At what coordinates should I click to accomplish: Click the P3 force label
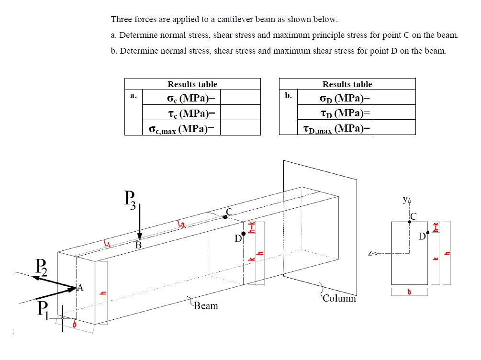130,199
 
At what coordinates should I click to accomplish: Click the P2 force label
41,266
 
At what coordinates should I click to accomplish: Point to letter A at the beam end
80,288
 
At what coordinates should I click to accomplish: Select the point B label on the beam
138,246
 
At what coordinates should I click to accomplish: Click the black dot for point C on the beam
225,217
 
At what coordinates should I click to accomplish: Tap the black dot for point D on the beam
244,234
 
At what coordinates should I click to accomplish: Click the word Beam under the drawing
206,305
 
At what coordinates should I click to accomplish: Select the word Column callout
339,299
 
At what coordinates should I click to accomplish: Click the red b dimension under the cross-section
409,292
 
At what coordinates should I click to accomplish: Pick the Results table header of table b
347,84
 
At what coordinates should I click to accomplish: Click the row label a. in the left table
134,96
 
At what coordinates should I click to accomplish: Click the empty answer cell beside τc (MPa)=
240,113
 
